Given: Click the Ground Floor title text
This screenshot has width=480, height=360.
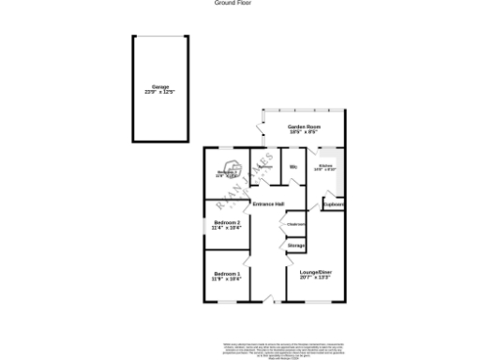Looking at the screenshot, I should click(x=232, y=3).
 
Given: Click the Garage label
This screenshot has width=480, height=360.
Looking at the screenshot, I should click(x=160, y=87).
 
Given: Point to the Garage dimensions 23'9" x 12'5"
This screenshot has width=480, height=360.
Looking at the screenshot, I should click(x=160, y=92).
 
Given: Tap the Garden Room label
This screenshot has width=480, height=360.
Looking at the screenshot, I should click(x=304, y=127).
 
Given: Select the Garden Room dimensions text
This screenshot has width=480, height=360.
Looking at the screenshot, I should click(x=304, y=131).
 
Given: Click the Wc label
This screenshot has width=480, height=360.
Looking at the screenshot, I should click(x=293, y=167).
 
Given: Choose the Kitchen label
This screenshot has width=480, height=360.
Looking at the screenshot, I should click(x=325, y=165).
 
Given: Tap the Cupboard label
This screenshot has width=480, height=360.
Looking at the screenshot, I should click(x=334, y=203).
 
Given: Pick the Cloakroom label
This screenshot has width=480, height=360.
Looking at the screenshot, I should click(x=295, y=225).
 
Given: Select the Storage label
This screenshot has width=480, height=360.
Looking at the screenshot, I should click(x=296, y=245).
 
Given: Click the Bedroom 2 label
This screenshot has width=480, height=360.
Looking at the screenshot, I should click(x=227, y=222).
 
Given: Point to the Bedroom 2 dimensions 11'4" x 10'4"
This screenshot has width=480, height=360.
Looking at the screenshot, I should click(x=227, y=228).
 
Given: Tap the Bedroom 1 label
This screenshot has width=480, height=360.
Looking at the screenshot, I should click(x=227, y=273).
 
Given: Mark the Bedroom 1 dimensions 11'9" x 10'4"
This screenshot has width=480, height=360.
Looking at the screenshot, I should click(x=227, y=278).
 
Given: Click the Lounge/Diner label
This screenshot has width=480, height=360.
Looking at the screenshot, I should click(x=315, y=272).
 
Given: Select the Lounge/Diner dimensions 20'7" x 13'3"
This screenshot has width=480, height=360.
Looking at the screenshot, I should click(x=315, y=277).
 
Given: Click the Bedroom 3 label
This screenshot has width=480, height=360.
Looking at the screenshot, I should click(x=226, y=172).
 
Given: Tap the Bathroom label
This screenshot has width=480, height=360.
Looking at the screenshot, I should click(x=265, y=167).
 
